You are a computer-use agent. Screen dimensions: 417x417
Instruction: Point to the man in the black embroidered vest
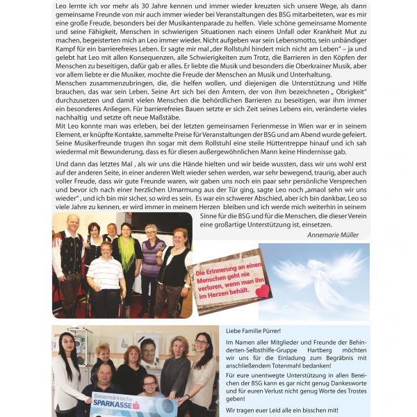click(x=70, y=250)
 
